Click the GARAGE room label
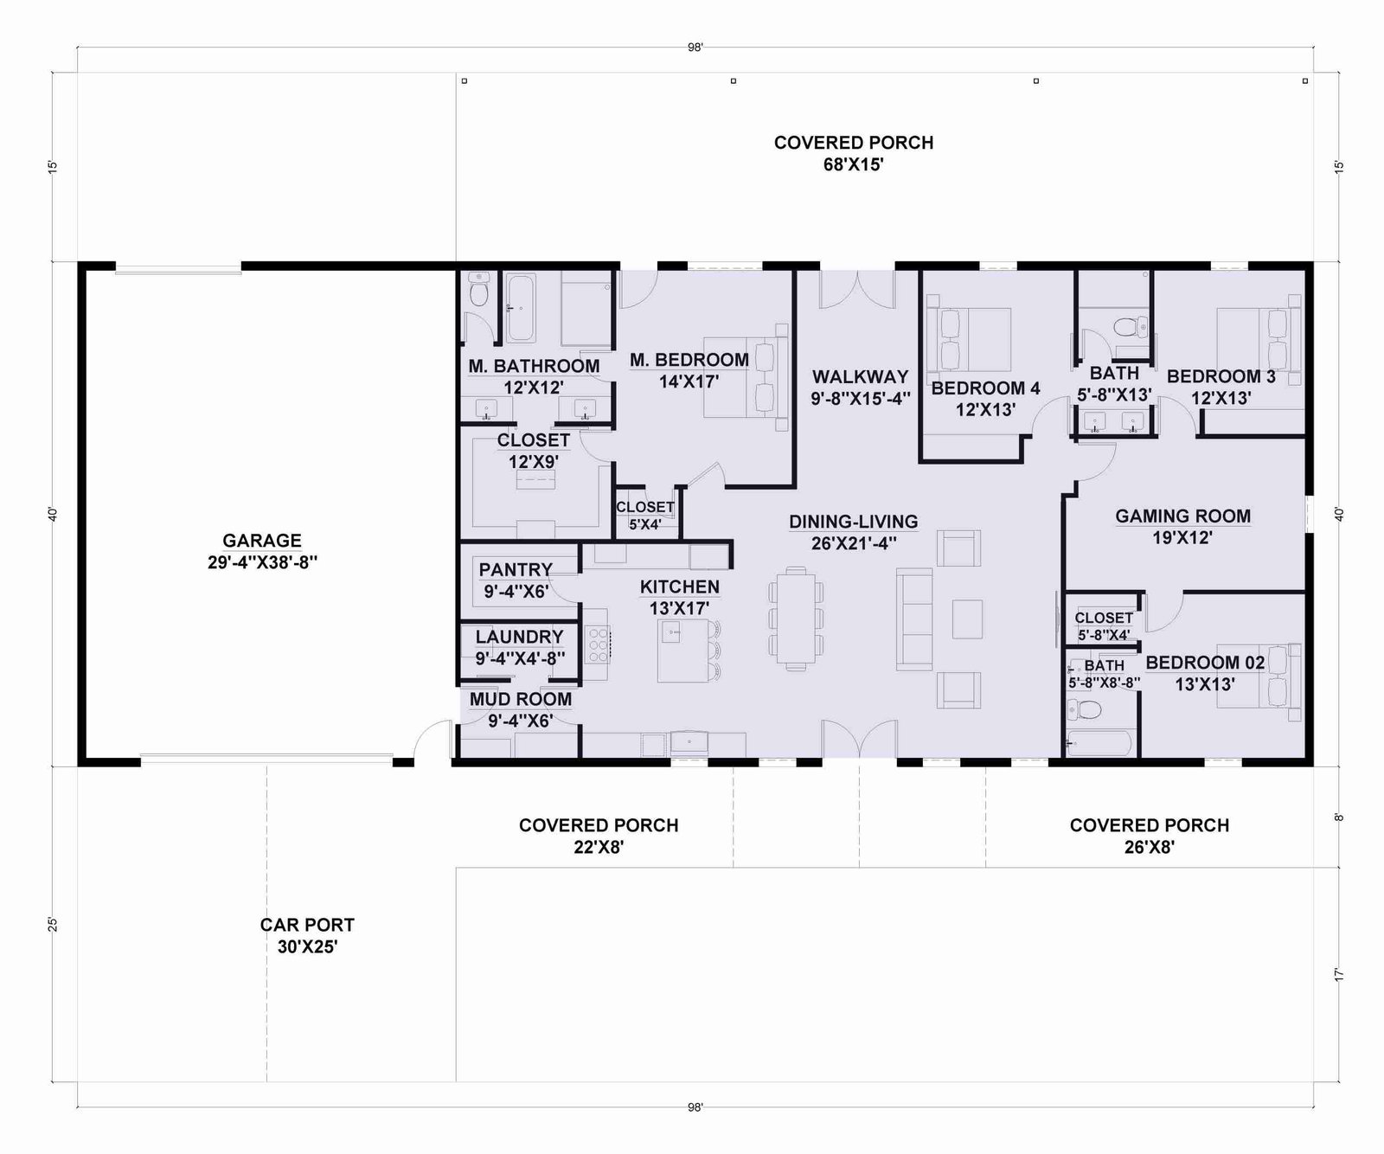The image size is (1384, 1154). [x=262, y=541]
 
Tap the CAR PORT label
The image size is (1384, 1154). [x=307, y=925]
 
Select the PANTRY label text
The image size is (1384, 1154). [x=516, y=569]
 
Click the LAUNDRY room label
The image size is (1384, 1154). [x=519, y=637]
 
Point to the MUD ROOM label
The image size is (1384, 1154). [x=521, y=699]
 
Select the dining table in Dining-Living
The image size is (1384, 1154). [x=794, y=618]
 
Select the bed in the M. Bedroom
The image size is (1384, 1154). [x=746, y=377]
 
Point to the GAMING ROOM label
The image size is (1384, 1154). [x=1182, y=516]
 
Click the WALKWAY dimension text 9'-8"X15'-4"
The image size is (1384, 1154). [x=861, y=399]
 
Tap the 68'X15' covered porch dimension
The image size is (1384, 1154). [x=853, y=164]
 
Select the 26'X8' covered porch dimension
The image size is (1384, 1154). [x=1150, y=847]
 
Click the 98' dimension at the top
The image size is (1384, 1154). [x=695, y=48]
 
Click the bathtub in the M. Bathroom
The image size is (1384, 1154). [x=521, y=308]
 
